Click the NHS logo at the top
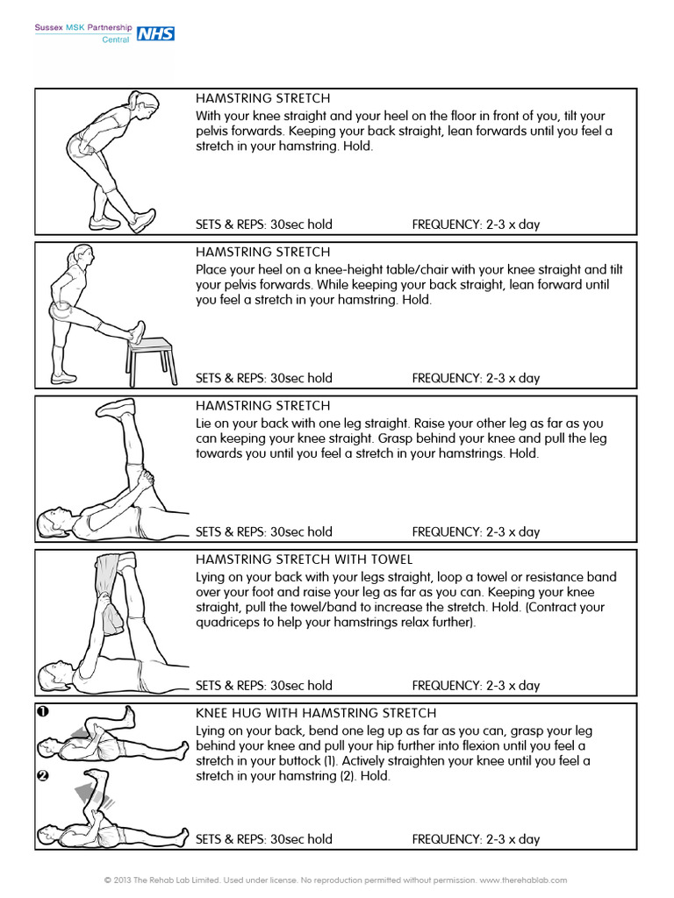coord(156,33)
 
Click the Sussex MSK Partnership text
coord(82,27)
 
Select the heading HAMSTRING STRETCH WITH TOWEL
coord(304,559)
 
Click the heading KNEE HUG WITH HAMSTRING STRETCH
coord(315,713)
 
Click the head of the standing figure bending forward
coord(146,105)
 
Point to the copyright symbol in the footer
coord(107,879)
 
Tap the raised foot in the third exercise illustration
coord(116,408)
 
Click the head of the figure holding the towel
coord(52,678)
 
